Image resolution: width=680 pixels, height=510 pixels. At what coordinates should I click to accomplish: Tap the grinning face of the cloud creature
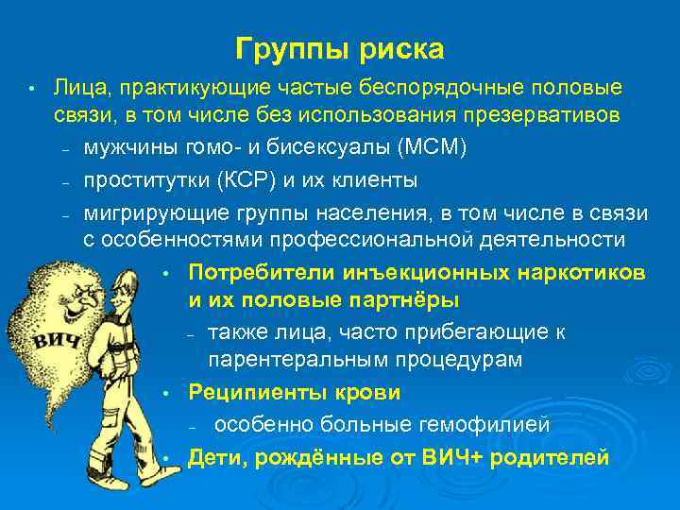tap(79, 298)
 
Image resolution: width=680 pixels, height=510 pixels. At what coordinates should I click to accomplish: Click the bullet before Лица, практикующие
tap(31, 89)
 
